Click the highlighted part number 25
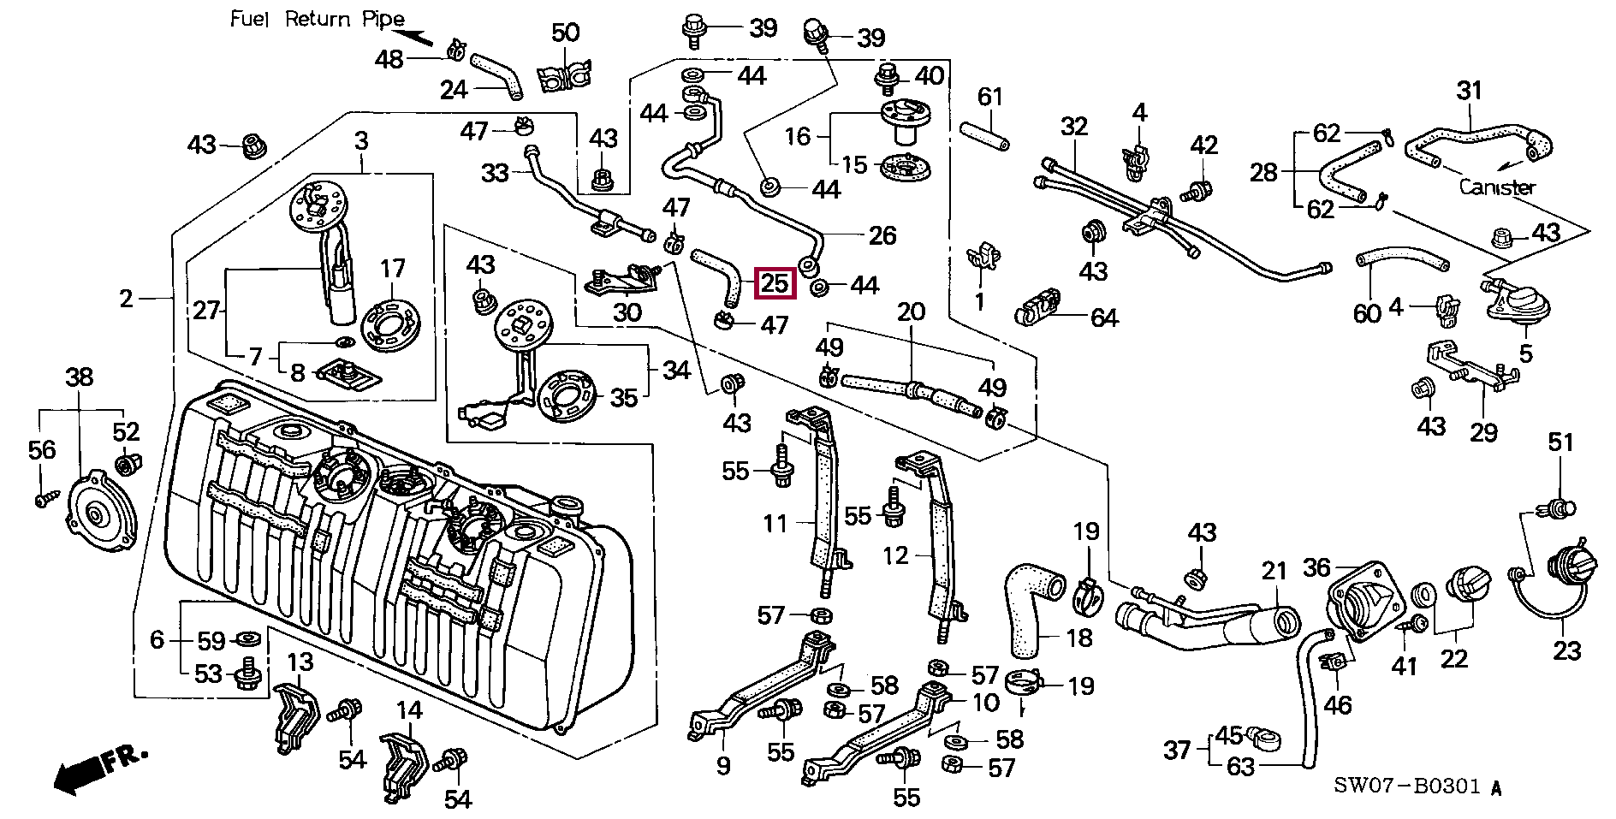pyautogui.click(x=775, y=282)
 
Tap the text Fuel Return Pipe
pyautogui.click(x=317, y=20)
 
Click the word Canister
pyautogui.click(x=1497, y=187)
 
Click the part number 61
pyautogui.click(x=989, y=97)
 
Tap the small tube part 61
pyautogui.click(x=983, y=137)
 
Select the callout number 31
pyautogui.click(x=1469, y=91)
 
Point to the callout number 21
pyautogui.click(x=1274, y=571)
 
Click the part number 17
pyautogui.click(x=392, y=269)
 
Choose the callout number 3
pyautogui.click(x=361, y=140)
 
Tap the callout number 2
pyautogui.click(x=127, y=299)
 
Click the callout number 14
pyautogui.click(x=409, y=710)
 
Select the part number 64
pyautogui.click(x=1104, y=318)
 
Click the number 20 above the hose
pyautogui.click(x=911, y=312)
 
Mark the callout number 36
pyautogui.click(x=1316, y=567)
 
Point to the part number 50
pyautogui.click(x=565, y=33)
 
